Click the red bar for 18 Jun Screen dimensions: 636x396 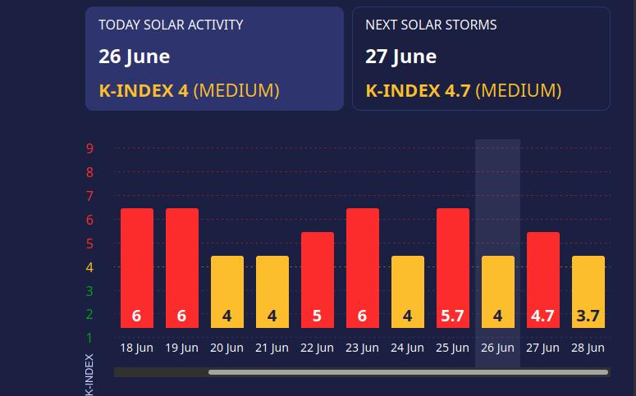coord(137,268)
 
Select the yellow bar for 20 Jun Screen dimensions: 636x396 coord(227,292)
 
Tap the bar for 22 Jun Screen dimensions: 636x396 coord(318,280)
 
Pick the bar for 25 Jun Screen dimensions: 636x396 coord(453,268)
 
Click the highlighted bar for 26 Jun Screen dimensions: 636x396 coord(497,292)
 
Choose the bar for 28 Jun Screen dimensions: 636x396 coord(588,292)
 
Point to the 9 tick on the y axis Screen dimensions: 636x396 coord(89,148)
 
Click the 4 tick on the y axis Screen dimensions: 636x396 coord(89,267)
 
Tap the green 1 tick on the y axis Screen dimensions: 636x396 coord(89,338)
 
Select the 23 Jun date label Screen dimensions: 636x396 coord(362,348)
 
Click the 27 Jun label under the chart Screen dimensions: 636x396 coord(542,348)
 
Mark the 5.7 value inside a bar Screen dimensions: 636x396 coord(452,316)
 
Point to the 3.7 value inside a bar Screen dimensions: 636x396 coord(588,316)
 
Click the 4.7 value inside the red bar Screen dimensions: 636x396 coord(542,316)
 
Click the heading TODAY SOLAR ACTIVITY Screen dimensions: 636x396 coord(171,25)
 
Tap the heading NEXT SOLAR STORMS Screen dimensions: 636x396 coord(431,25)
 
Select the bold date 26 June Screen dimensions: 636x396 coord(135,57)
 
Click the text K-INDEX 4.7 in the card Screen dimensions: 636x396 coord(419,90)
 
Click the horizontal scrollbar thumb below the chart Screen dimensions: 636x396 coord(408,372)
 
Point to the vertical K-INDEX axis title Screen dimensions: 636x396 coord(89,375)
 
